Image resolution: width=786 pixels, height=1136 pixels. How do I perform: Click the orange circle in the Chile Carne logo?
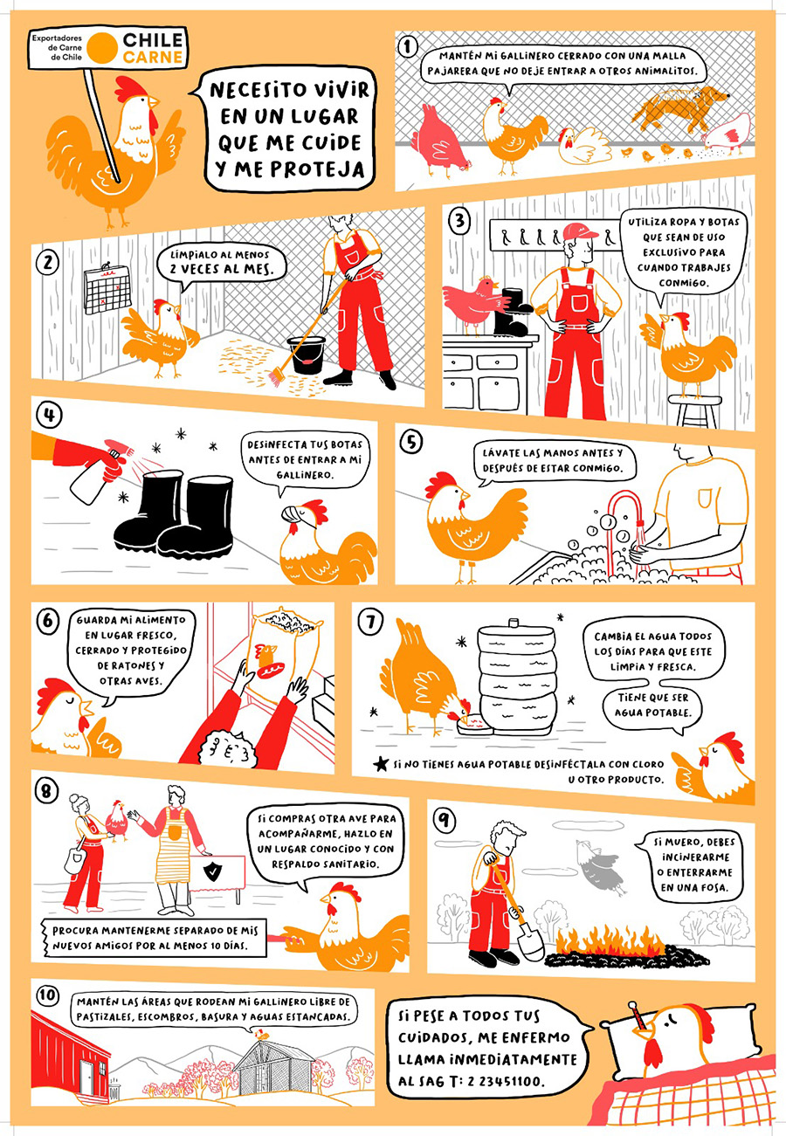point(102,48)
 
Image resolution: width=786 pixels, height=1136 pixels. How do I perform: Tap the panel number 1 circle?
point(407,47)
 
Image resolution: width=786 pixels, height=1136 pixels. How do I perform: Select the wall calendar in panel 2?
point(107,287)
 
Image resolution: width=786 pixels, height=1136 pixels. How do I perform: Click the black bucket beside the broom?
point(306,355)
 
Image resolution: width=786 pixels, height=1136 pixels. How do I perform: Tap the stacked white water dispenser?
point(516,678)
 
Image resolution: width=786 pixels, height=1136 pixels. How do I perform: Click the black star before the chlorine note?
point(380,763)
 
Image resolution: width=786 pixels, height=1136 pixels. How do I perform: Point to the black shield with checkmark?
point(211,871)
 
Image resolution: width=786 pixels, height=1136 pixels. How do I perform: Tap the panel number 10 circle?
point(47,995)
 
